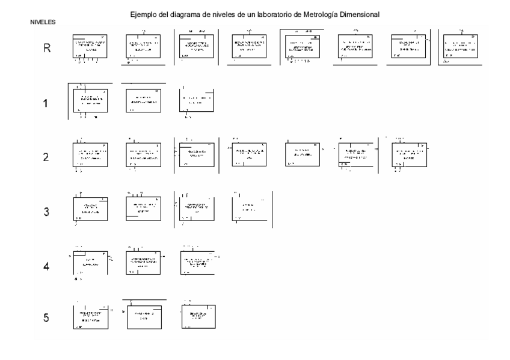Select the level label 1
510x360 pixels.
pyautogui.click(x=46, y=103)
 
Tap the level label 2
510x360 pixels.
pyautogui.click(x=46, y=157)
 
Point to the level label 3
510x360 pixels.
pyautogui.click(x=46, y=212)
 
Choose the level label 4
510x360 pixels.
pyautogui.click(x=46, y=266)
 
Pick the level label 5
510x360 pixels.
pyautogui.click(x=46, y=318)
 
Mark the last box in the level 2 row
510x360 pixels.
pyautogui.click(x=408, y=154)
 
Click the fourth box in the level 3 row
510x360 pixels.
pyautogui.click(x=249, y=207)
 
